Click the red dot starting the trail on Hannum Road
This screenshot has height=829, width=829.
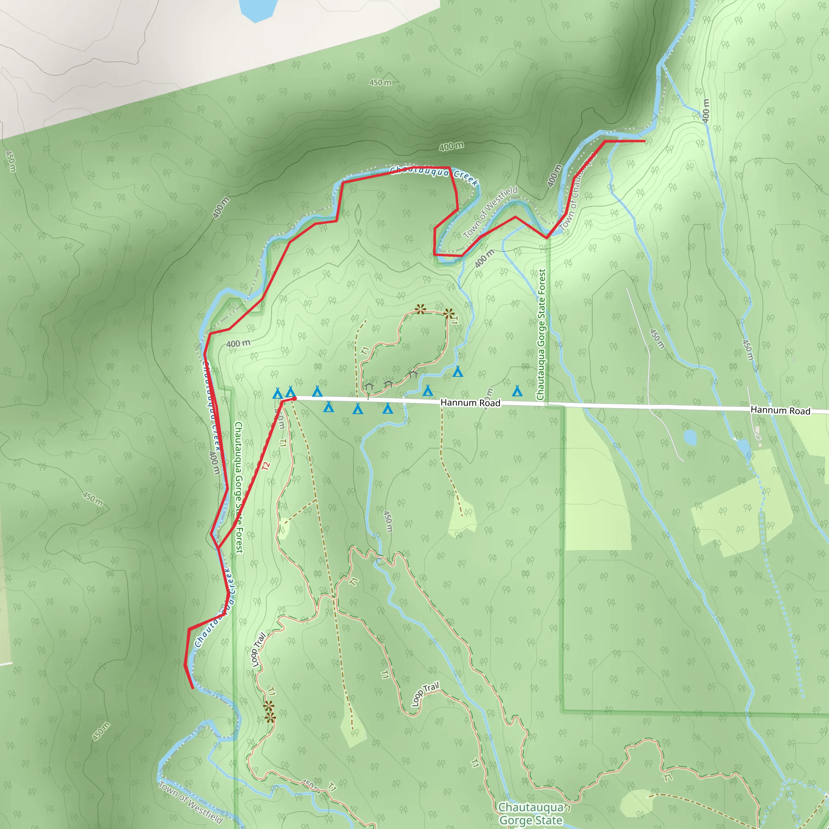pyautogui.click(x=294, y=399)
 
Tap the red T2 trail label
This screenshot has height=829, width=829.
pyautogui.click(x=266, y=466)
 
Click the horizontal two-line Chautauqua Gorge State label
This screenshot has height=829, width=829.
pyautogui.click(x=531, y=814)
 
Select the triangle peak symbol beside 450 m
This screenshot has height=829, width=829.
pyautogui.click(x=389, y=77)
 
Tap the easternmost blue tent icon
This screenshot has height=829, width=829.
pyautogui.click(x=517, y=391)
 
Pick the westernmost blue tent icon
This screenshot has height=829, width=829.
pyautogui.click(x=278, y=393)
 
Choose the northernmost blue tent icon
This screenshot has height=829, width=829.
pyautogui.click(x=458, y=372)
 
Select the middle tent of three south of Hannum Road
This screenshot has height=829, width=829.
pyautogui.click(x=358, y=409)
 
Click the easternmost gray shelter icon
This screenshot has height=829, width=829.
pyautogui.click(x=413, y=374)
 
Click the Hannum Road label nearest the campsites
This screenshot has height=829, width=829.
pyautogui.click(x=470, y=402)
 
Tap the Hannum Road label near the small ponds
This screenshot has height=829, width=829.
pyautogui.click(x=780, y=410)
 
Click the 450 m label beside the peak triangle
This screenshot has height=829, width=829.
pyautogui.click(x=380, y=83)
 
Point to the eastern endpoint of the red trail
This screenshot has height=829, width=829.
pyautogui.click(x=644, y=141)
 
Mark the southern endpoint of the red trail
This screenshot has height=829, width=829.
pyautogui.click(x=193, y=688)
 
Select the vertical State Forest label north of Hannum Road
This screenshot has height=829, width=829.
pyautogui.click(x=542, y=335)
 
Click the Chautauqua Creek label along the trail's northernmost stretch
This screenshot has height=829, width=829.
pyautogui.click(x=434, y=174)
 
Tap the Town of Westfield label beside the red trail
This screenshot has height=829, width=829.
pyautogui.click(x=491, y=213)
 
